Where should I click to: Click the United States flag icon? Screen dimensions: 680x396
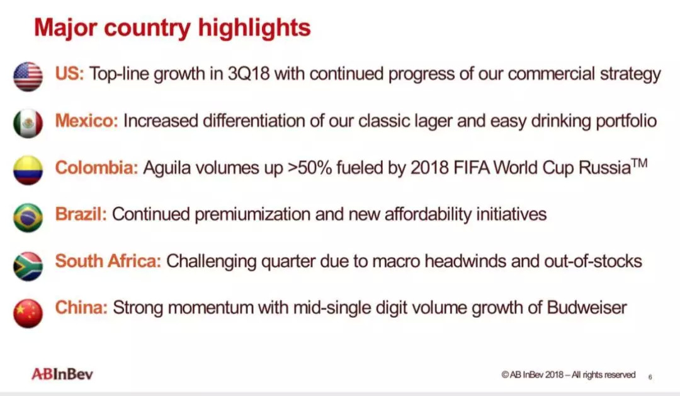coord(28,76)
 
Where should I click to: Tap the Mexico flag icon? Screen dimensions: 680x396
coord(28,124)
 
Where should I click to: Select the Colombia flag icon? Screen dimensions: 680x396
coord(28,170)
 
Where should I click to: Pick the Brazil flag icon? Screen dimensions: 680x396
coord(28,218)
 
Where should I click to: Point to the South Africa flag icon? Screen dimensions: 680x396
coord(28,266)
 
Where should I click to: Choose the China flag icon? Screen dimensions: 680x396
coord(28,313)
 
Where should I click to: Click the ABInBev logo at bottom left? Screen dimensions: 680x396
coord(62,374)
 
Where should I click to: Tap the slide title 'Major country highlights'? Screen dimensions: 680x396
coord(173,27)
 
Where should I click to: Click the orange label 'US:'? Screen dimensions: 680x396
coord(69,73)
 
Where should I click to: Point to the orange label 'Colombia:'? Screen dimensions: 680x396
coord(97,167)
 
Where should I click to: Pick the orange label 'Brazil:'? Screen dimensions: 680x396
coord(81,214)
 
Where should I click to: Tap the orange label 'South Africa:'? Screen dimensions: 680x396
coord(108,261)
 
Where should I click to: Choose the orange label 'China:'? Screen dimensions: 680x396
coord(81,308)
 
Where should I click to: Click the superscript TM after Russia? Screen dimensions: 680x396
coord(640,163)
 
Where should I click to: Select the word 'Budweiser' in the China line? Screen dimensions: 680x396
coord(587,308)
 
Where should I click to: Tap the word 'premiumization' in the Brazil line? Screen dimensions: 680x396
coord(252,214)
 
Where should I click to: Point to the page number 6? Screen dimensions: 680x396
coord(650,377)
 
